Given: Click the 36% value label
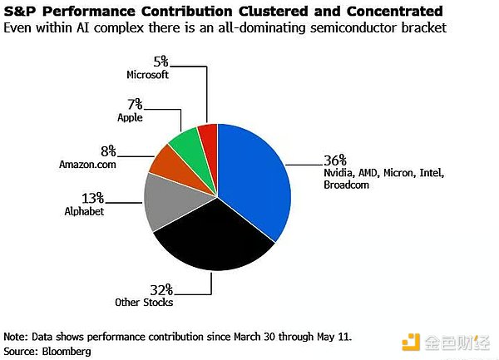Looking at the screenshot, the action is [x=335, y=160].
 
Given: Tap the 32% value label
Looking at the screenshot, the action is [x=161, y=289].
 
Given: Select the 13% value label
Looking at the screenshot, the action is [x=92, y=198].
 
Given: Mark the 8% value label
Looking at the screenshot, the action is [x=108, y=151].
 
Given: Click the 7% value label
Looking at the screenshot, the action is [x=135, y=104].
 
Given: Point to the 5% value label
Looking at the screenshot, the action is [x=161, y=62].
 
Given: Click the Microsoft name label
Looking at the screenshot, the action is [x=148, y=75].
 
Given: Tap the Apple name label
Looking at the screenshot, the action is [x=130, y=118].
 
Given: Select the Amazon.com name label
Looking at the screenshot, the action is [x=87, y=165].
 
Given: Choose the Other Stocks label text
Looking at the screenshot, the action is [x=144, y=302].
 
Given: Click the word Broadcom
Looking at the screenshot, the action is [x=347, y=185].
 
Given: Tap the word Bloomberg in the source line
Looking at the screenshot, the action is [x=67, y=352].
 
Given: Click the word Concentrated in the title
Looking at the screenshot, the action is [x=394, y=11].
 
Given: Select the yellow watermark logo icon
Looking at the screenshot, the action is [x=411, y=343].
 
